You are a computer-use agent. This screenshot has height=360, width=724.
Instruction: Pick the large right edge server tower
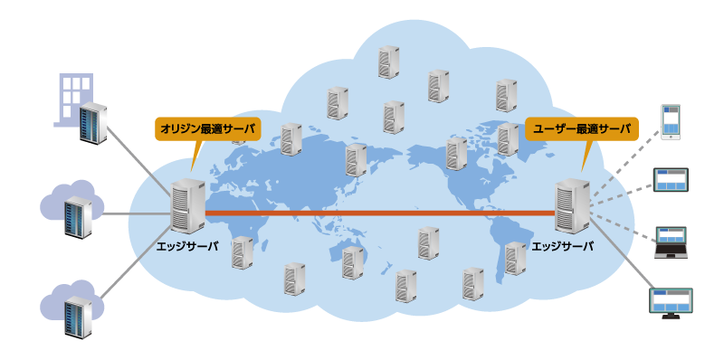point(573,209)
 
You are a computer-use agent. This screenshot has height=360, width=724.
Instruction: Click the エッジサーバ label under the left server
point(186,246)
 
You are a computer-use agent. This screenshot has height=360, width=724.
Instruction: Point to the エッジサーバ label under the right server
point(563,246)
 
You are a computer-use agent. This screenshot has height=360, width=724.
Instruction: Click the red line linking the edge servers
point(380,213)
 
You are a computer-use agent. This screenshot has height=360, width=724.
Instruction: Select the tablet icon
point(672,178)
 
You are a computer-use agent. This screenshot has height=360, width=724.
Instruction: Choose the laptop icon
point(672,242)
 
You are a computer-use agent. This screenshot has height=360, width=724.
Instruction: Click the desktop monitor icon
point(672,302)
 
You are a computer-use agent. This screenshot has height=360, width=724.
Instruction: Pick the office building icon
point(75,98)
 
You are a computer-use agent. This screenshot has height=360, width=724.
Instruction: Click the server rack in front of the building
point(92,124)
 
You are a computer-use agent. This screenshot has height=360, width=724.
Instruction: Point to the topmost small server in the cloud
point(388,62)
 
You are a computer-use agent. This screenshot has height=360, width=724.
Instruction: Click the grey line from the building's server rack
point(141,155)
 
